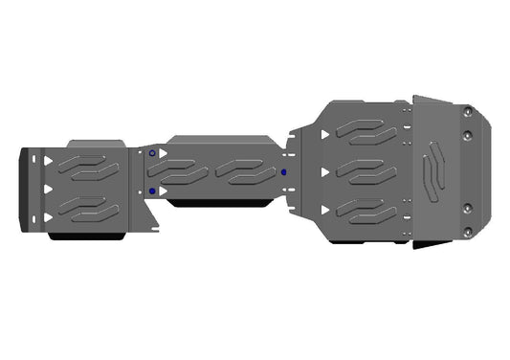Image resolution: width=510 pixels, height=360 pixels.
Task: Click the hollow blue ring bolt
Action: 151,154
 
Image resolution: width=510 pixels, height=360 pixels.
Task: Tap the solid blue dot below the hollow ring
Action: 151,191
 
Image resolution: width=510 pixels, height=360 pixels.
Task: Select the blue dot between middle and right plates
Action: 283,172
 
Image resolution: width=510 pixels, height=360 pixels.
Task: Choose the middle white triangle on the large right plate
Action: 326,172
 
